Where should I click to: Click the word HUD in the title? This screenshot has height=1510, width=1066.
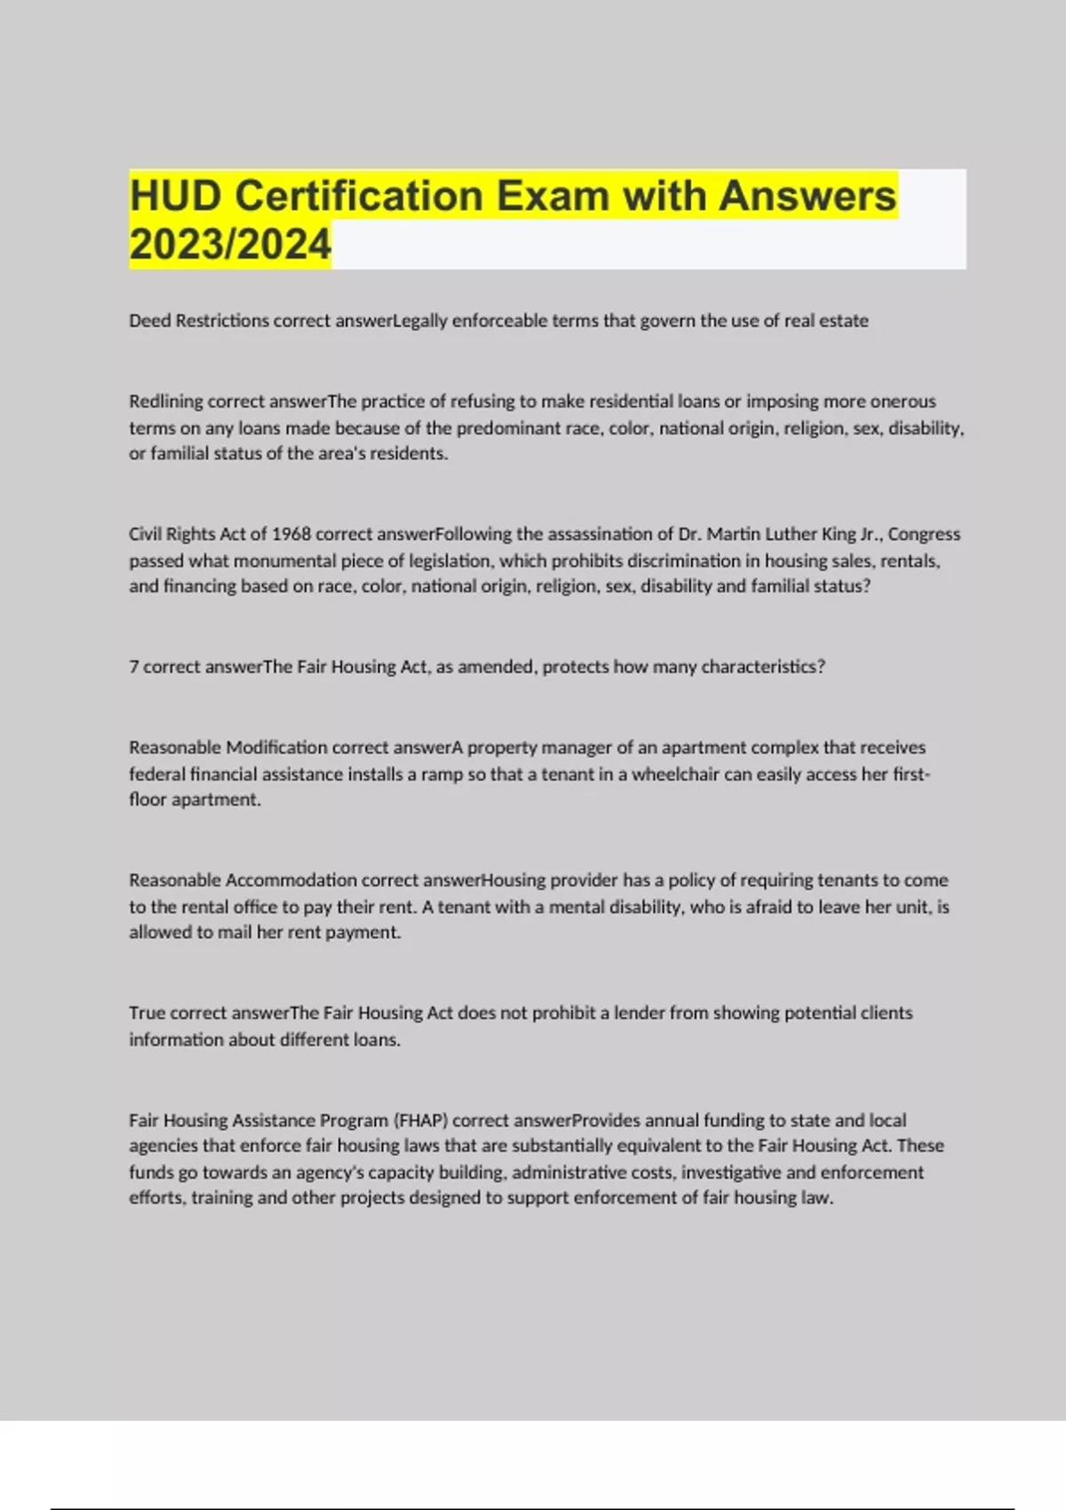coord(175,195)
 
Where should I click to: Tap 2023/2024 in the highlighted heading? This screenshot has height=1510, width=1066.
coord(230,244)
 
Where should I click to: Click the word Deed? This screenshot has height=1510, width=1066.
coord(149,321)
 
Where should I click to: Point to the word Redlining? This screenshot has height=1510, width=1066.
coord(165,401)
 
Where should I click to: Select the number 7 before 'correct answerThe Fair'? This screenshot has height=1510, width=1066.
coord(133,667)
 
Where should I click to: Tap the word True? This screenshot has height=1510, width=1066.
coord(147,1013)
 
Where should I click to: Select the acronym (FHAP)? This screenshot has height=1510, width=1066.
coord(420,1120)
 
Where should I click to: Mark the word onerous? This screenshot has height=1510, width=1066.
coord(903,401)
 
